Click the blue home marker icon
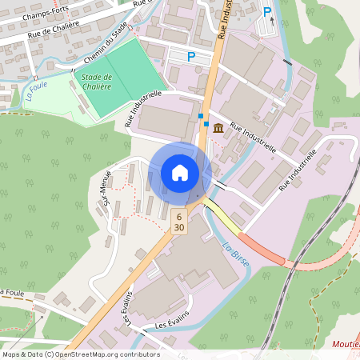click(180, 172)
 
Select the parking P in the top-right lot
click(267, 12)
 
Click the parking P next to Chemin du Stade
click(191, 57)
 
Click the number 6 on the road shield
click(179, 217)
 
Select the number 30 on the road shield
click(179, 228)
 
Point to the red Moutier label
click(346, 345)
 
